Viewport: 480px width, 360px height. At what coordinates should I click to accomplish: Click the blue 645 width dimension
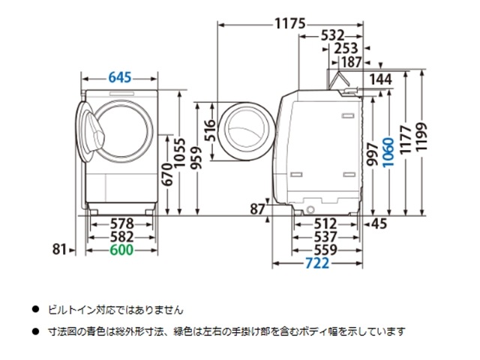[120, 76]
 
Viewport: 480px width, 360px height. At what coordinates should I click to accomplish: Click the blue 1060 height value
[386, 154]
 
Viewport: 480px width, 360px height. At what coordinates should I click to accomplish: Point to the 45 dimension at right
[378, 223]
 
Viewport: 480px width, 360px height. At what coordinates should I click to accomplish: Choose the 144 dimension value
[382, 77]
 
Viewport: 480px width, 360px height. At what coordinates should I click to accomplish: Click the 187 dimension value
[350, 61]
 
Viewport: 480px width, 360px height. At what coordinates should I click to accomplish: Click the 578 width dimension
[120, 223]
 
